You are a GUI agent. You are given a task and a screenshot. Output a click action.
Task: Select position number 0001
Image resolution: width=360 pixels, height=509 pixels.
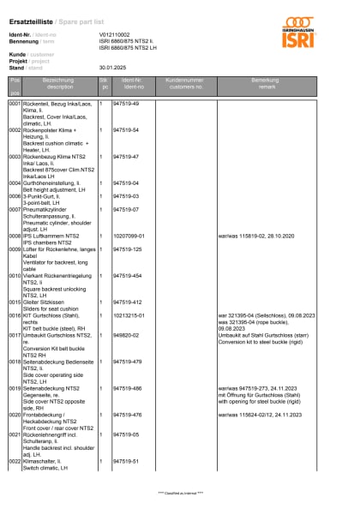click(15, 103)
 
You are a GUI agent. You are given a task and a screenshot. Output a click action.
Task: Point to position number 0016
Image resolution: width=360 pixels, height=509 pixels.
click(15, 316)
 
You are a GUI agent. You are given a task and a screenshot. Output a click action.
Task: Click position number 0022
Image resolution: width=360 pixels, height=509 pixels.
click(15, 461)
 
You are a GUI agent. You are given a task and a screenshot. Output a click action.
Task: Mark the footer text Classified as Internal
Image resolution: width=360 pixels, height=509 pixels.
click(180, 494)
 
